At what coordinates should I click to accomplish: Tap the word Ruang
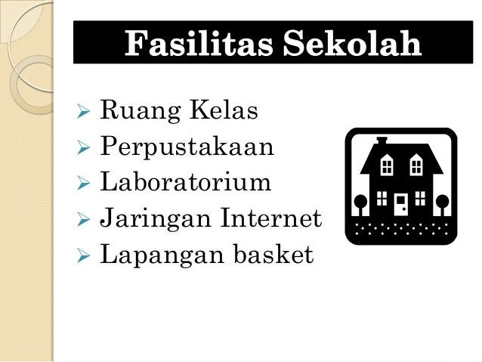132,113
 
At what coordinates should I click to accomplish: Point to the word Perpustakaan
187,148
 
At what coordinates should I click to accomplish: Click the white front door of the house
401,203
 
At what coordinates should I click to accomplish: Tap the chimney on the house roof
382,141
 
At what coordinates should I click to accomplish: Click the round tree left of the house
361,202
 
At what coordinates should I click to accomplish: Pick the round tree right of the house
442,202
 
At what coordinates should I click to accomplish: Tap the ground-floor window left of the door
382,199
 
